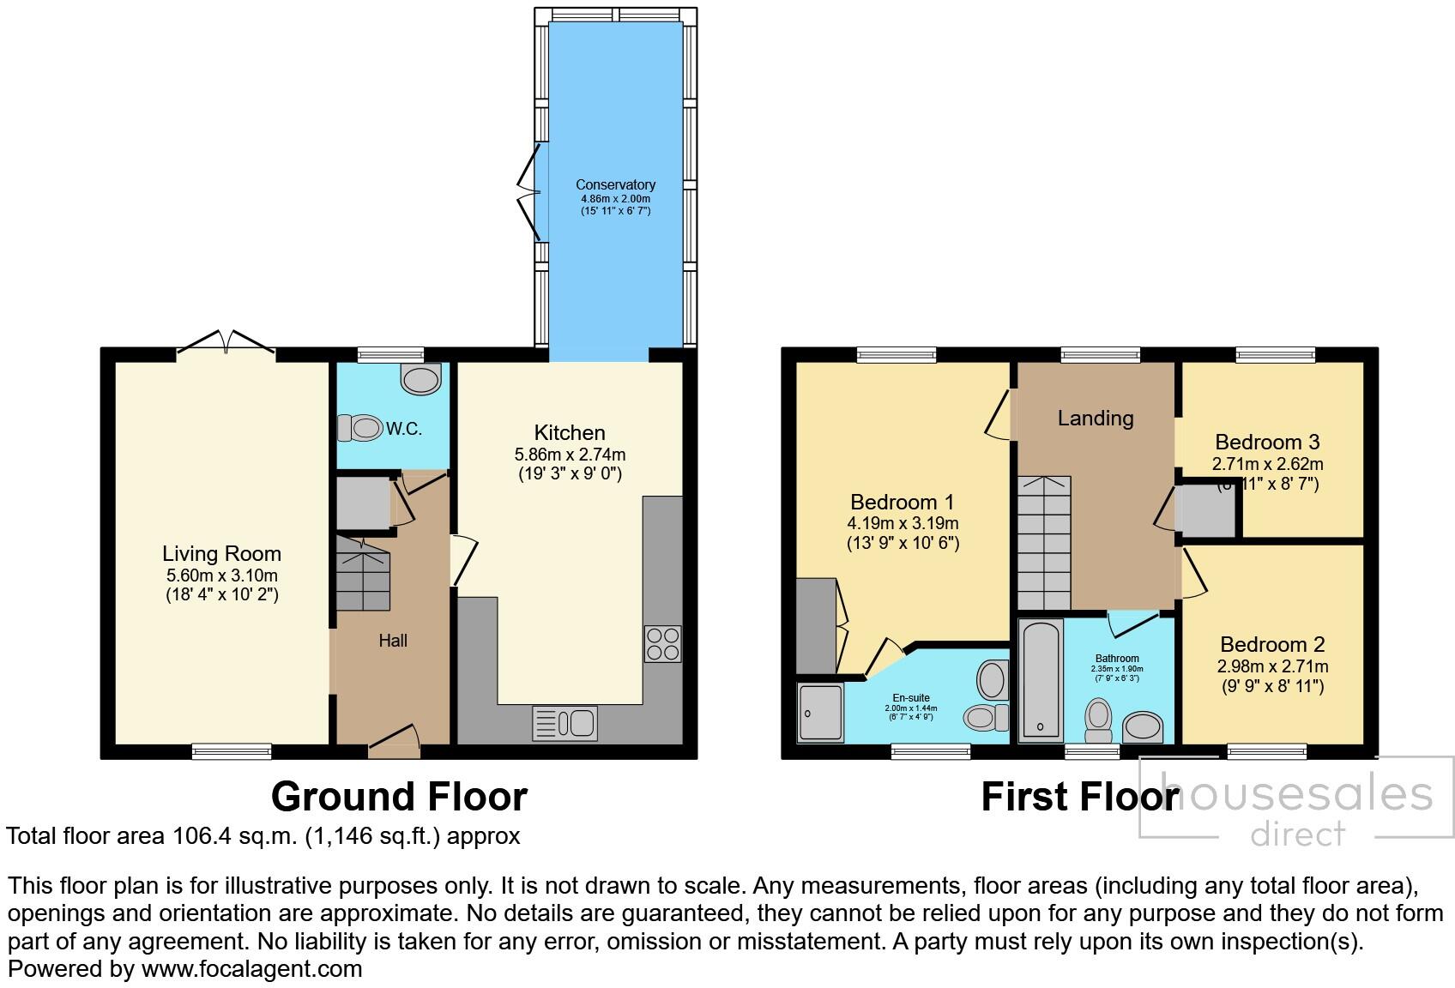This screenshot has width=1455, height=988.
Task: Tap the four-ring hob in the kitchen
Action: (x=662, y=644)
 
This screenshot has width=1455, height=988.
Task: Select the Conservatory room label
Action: (x=615, y=184)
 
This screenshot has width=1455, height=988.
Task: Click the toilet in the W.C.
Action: (x=359, y=427)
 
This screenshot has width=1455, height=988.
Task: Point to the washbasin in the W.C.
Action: (x=420, y=378)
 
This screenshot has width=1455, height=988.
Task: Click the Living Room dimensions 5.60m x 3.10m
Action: (x=222, y=575)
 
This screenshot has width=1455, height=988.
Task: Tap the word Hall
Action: (x=393, y=641)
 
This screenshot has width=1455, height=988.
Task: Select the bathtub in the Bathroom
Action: (x=1041, y=679)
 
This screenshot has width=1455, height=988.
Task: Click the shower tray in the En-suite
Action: (x=820, y=713)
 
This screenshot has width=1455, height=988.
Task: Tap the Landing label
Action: (x=1095, y=419)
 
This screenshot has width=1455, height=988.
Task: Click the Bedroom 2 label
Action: (x=1272, y=644)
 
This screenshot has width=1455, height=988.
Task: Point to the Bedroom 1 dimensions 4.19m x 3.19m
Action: (x=903, y=523)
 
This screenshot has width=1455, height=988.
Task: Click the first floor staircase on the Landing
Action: (x=1044, y=542)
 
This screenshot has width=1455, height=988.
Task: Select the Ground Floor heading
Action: (x=399, y=796)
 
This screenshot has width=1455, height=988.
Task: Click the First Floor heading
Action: (x=1079, y=796)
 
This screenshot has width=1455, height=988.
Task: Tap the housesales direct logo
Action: (x=1296, y=807)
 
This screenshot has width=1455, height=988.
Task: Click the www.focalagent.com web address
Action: (x=251, y=969)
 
